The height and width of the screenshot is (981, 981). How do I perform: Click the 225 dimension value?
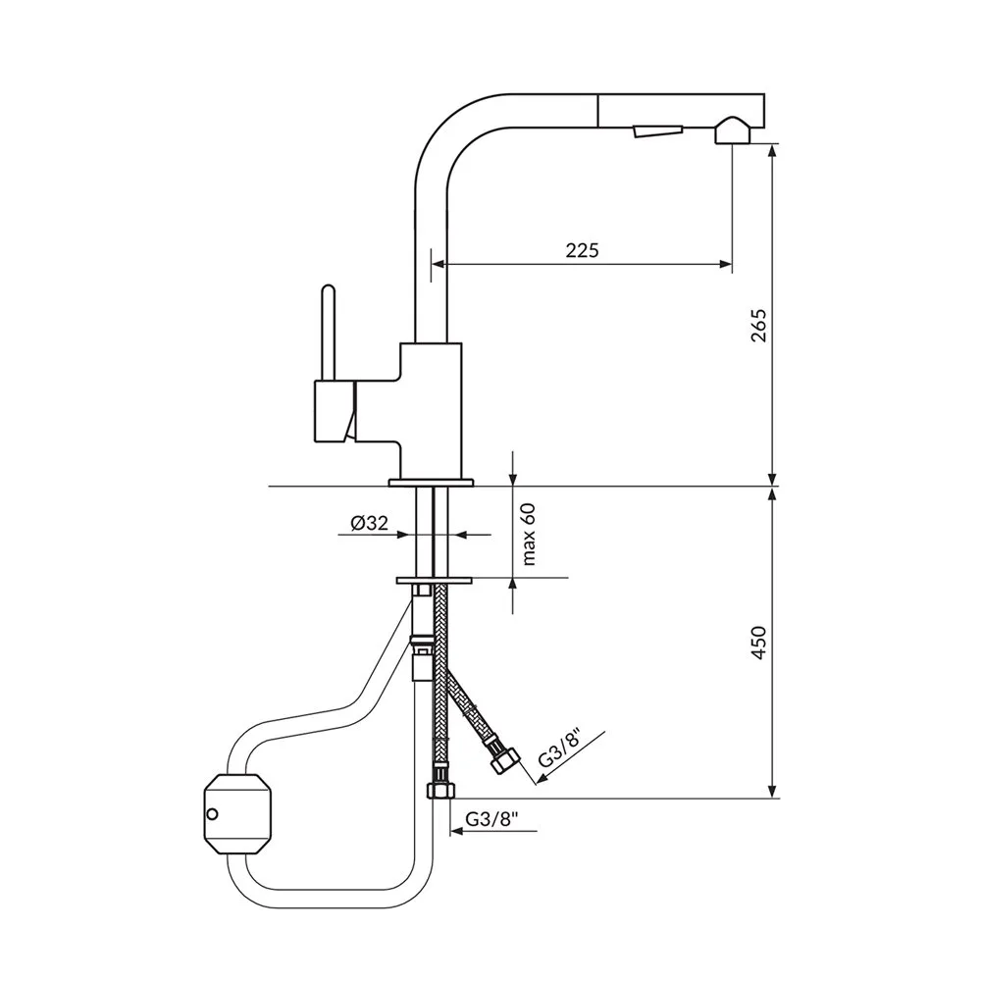582,250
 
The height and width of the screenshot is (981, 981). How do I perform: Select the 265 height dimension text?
758,326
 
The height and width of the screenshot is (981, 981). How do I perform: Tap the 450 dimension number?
758,643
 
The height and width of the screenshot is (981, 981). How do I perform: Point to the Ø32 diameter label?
369,523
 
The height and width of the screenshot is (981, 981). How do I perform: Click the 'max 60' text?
530,535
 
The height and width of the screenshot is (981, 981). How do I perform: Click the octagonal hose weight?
237,813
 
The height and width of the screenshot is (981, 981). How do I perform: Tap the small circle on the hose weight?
213,814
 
